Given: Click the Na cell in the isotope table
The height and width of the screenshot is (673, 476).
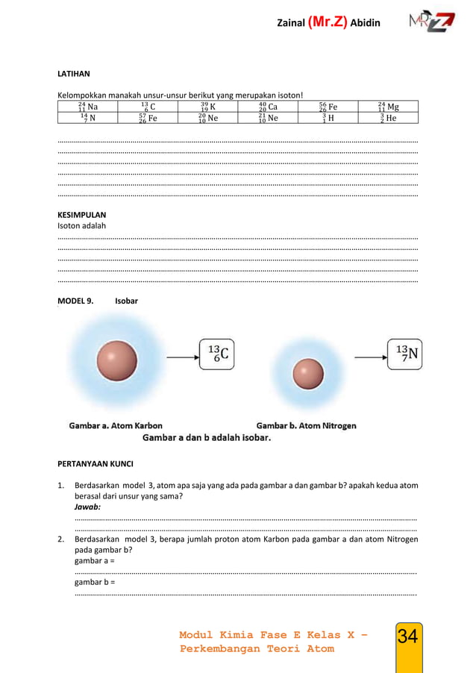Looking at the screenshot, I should coord(87,107).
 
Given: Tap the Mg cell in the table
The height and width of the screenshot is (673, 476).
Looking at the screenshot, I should coord(388,107).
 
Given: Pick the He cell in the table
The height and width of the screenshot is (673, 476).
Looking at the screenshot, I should coord(388,118).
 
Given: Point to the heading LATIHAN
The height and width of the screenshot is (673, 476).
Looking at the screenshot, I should coord(74,74).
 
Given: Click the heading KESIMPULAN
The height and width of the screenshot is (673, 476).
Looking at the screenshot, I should coord(81,214).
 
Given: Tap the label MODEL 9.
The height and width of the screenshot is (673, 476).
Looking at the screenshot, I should coord(75,301).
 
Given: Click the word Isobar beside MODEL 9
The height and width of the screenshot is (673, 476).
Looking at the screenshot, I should coord(126,301).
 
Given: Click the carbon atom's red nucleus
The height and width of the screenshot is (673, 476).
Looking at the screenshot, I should coord(117,360).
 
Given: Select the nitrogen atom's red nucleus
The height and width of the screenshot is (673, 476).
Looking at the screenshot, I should coord(308,374).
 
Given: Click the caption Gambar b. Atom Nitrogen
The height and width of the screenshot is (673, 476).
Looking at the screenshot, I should coord(306,425).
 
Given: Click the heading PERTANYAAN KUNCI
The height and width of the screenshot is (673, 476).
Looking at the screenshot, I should coord(95,463).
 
